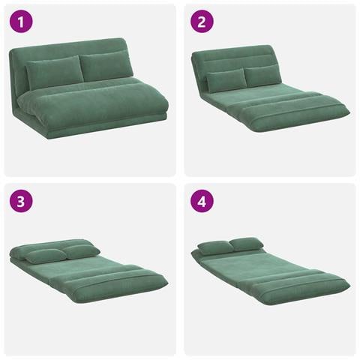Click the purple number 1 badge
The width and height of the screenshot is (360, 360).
tap(21, 21)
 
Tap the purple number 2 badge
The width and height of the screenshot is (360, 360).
tap(202, 21)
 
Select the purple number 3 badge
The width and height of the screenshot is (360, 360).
tap(21, 201)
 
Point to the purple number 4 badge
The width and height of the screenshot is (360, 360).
tap(202, 201)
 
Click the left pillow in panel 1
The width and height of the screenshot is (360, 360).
tap(55, 72)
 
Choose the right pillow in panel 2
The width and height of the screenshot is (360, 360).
tap(262, 76)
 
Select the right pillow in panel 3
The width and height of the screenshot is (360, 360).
tap(80, 252)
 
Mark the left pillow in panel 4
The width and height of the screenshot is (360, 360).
tap(216, 247)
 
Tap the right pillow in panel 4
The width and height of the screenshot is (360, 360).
tap(246, 244)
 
